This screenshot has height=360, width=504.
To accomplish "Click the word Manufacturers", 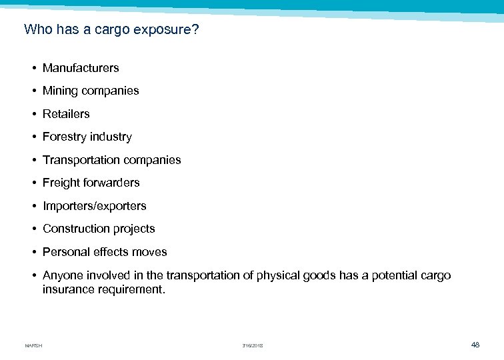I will coord(81,68).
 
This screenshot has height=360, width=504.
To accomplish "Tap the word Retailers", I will coord(66,114).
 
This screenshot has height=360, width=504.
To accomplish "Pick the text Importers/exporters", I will coord(94,206).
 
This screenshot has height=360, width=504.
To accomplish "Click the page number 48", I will coord(475,345).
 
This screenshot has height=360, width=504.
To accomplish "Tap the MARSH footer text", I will coord(33,345).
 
